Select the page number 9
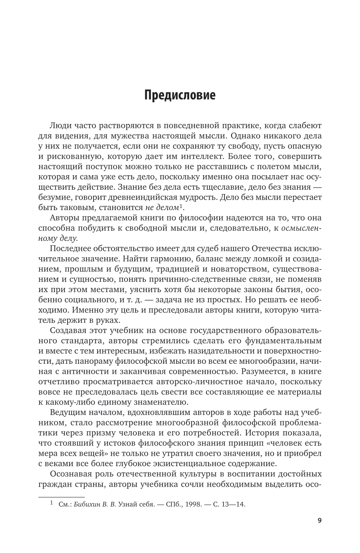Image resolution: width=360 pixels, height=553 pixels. point(319,521)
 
